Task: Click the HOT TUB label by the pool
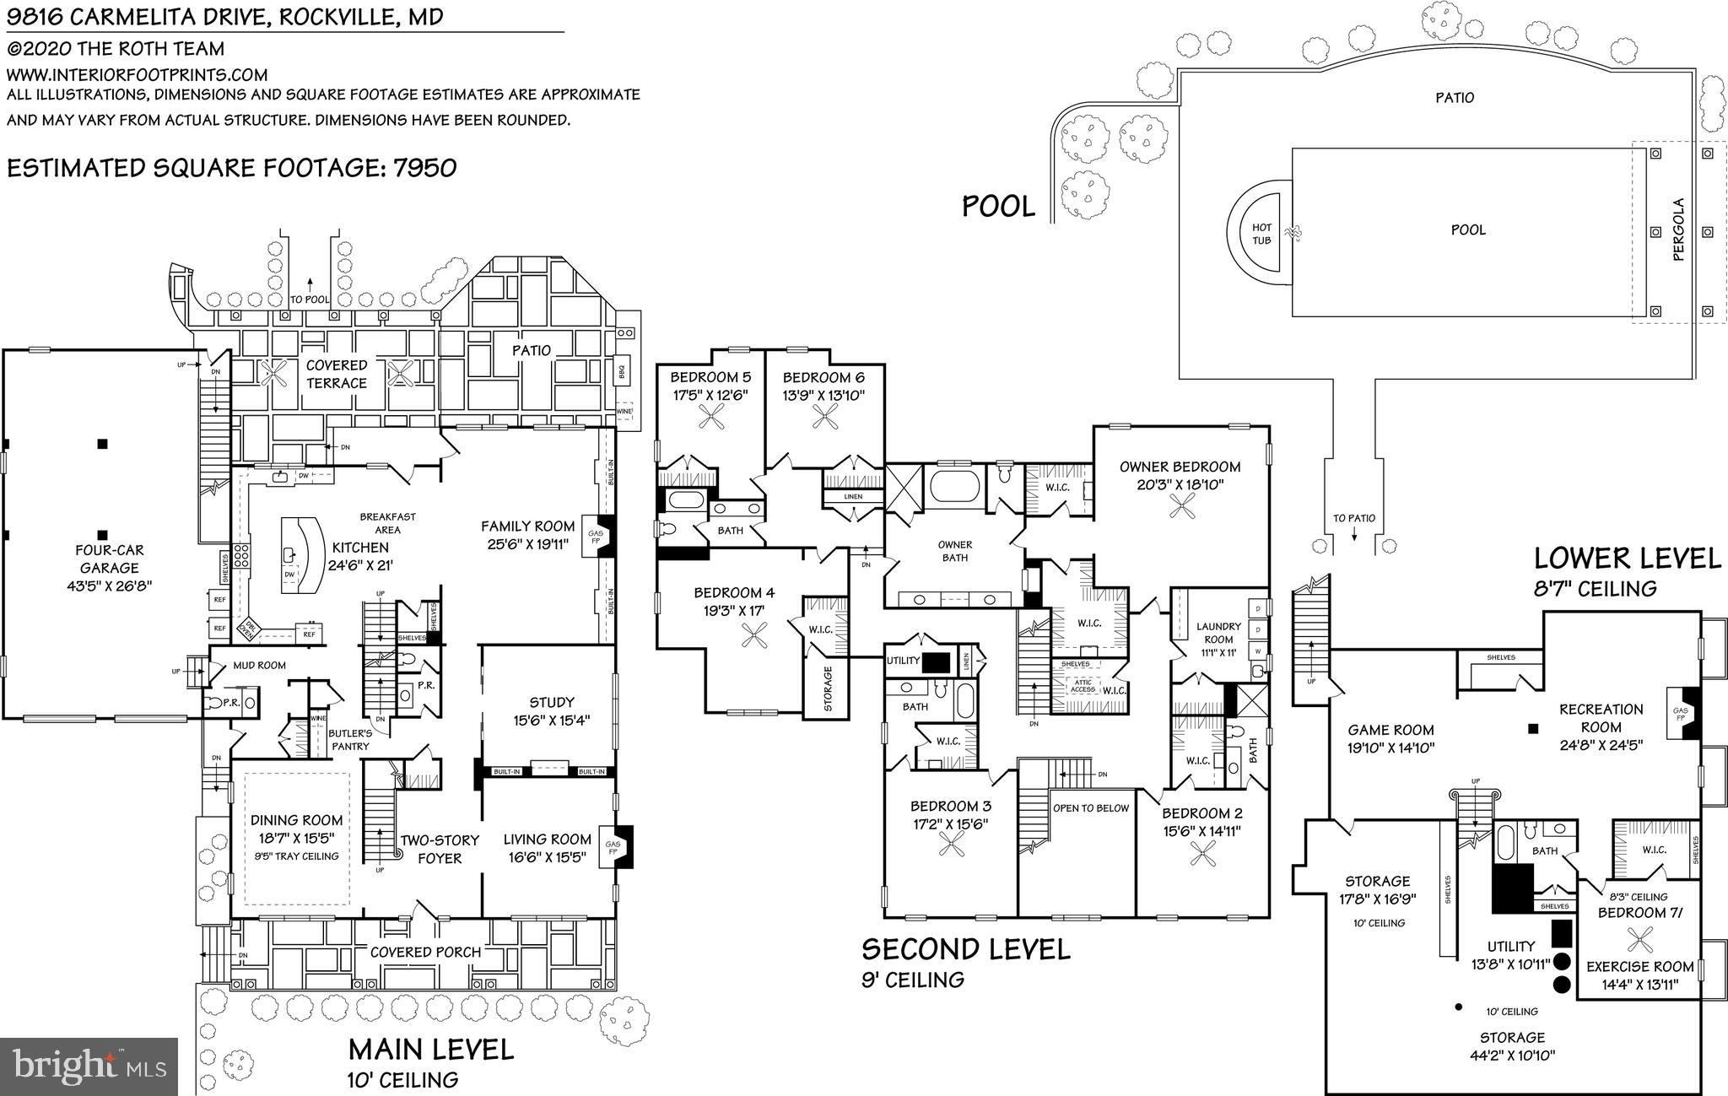click(1261, 234)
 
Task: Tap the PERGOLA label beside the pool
click(1678, 229)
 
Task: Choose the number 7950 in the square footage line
click(424, 167)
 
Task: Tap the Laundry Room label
click(1218, 632)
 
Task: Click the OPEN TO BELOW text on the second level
click(1090, 807)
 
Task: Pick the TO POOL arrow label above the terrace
click(309, 299)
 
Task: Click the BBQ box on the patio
click(624, 369)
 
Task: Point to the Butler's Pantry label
click(349, 740)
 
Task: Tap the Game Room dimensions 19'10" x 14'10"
click(1390, 748)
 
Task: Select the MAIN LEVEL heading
click(431, 1049)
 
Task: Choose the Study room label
click(552, 702)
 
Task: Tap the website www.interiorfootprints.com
click(137, 74)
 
